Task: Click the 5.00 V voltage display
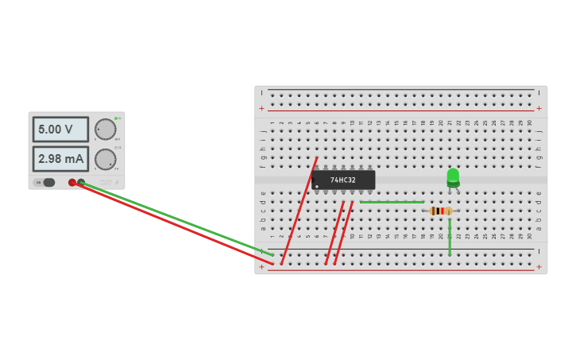(x=60, y=130)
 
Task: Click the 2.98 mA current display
(x=60, y=159)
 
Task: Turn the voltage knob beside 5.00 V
(x=105, y=130)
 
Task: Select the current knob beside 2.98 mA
(x=105, y=160)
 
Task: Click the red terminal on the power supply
(x=72, y=183)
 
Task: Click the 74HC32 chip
(x=343, y=180)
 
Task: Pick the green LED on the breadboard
(x=453, y=176)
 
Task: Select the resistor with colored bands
(x=441, y=211)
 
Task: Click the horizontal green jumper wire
(x=392, y=202)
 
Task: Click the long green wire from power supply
(x=175, y=220)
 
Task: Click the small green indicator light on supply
(x=116, y=118)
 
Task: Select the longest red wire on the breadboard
(x=299, y=211)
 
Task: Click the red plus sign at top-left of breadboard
(x=261, y=108)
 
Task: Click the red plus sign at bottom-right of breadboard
(x=539, y=267)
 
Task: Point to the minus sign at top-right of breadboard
(x=539, y=93)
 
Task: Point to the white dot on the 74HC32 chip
(x=316, y=187)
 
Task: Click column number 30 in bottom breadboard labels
(x=529, y=236)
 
